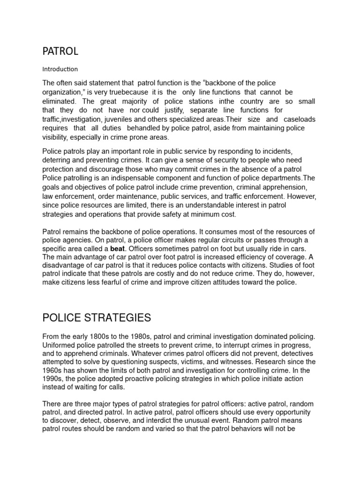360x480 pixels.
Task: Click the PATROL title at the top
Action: point(60,51)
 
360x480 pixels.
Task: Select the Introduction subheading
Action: point(60,69)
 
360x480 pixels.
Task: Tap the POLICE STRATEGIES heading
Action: point(97,318)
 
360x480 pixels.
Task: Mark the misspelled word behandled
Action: point(139,128)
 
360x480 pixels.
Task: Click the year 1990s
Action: point(53,379)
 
